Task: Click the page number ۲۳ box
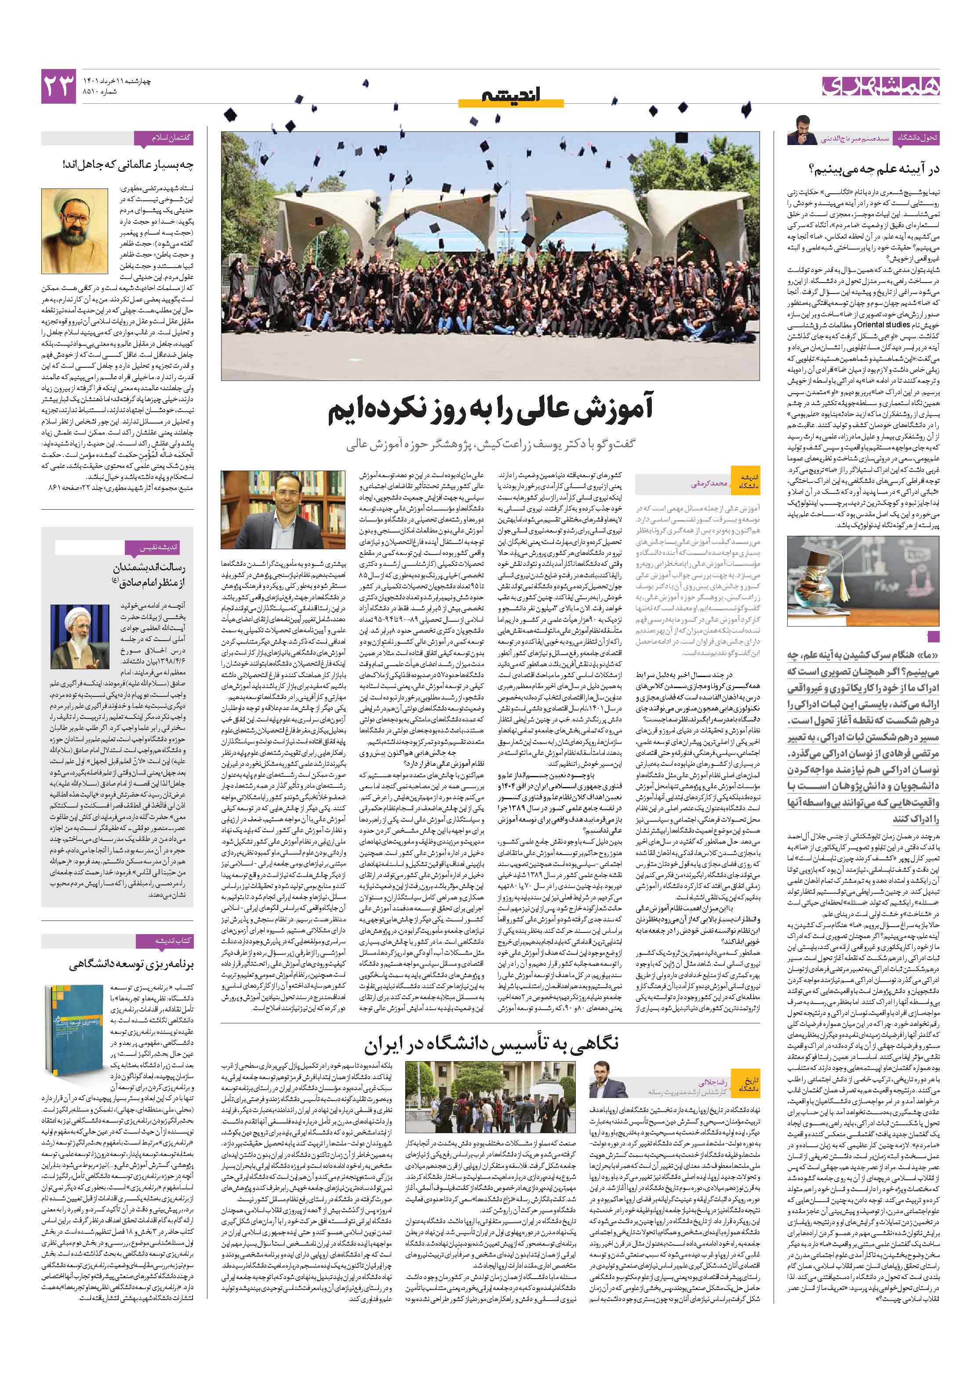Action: pos(58,86)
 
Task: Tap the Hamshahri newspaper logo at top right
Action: pos(880,87)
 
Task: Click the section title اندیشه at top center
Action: pos(511,94)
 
